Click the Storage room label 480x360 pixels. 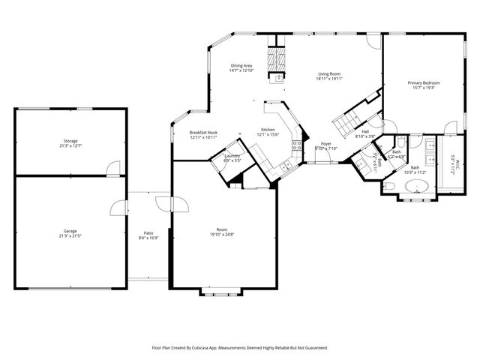pyautogui.click(x=70, y=141)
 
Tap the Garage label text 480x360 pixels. pyautogui.click(x=70, y=231)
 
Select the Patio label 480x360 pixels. pyautogui.click(x=149, y=233)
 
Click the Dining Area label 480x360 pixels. pyautogui.click(x=241, y=66)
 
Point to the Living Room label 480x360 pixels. pyautogui.click(x=329, y=73)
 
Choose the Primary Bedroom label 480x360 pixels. pyautogui.click(x=424, y=82)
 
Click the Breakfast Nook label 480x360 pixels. pyautogui.click(x=203, y=133)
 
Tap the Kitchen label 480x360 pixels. pyautogui.click(x=268, y=130)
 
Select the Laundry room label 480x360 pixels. pyautogui.click(x=232, y=155)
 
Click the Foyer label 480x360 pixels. pyautogui.click(x=326, y=143)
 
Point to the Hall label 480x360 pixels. pyautogui.click(x=365, y=131)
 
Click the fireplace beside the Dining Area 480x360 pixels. pyautogui.click(x=280, y=66)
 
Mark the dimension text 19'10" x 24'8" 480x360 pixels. pyautogui.click(x=222, y=235)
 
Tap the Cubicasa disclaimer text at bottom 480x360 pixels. pyautogui.click(x=240, y=348)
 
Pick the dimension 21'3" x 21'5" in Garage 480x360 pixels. pyautogui.click(x=70, y=236)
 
